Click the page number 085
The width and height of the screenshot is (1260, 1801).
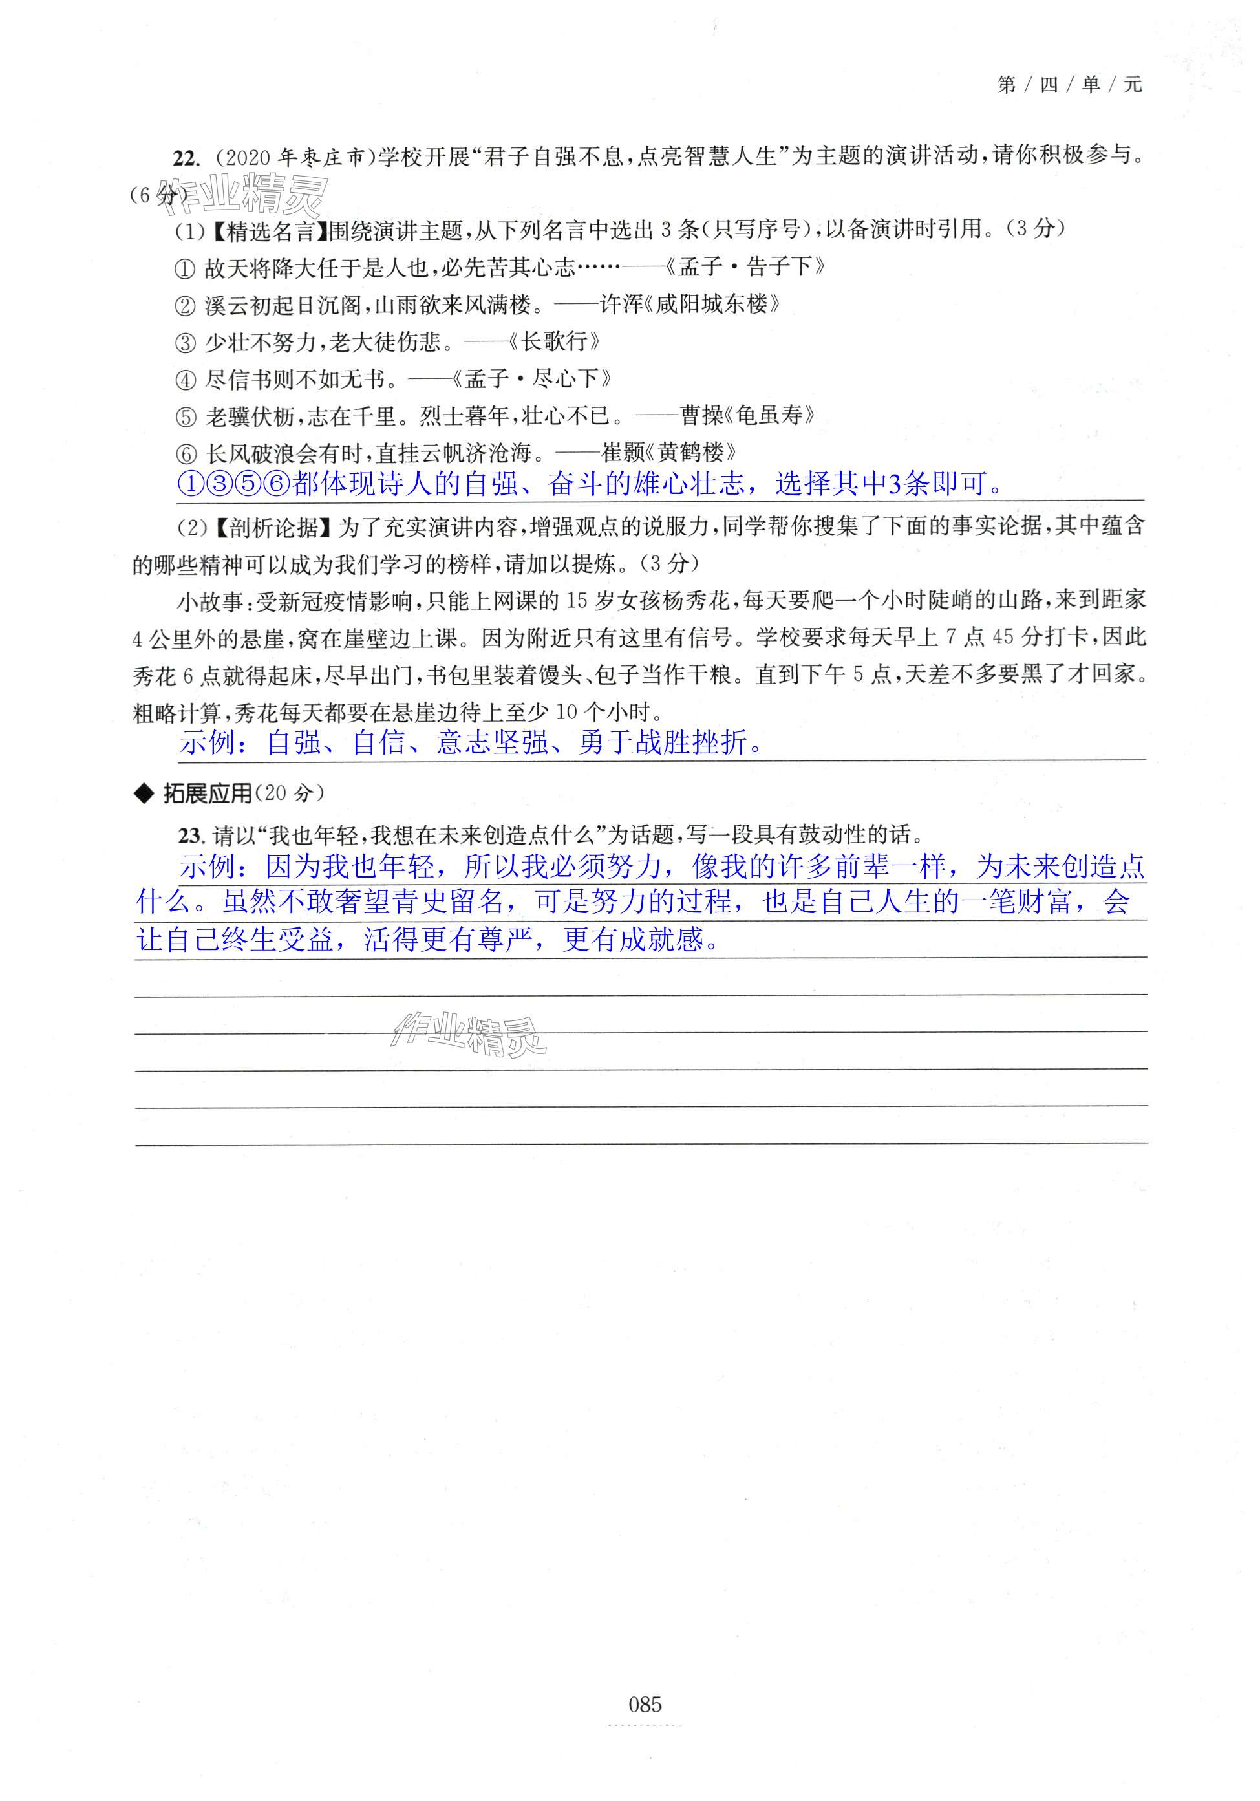coord(645,1704)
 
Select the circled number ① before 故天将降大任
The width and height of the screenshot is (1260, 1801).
coord(184,270)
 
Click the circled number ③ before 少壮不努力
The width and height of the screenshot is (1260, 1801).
coord(184,343)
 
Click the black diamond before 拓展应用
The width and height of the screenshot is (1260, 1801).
coord(144,795)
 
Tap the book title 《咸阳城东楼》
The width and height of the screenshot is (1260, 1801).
coord(712,305)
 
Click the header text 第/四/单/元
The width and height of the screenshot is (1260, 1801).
coord(1069,85)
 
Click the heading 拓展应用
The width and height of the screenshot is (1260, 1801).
coord(207,794)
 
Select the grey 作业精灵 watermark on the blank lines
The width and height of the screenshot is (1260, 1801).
coord(469,1034)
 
